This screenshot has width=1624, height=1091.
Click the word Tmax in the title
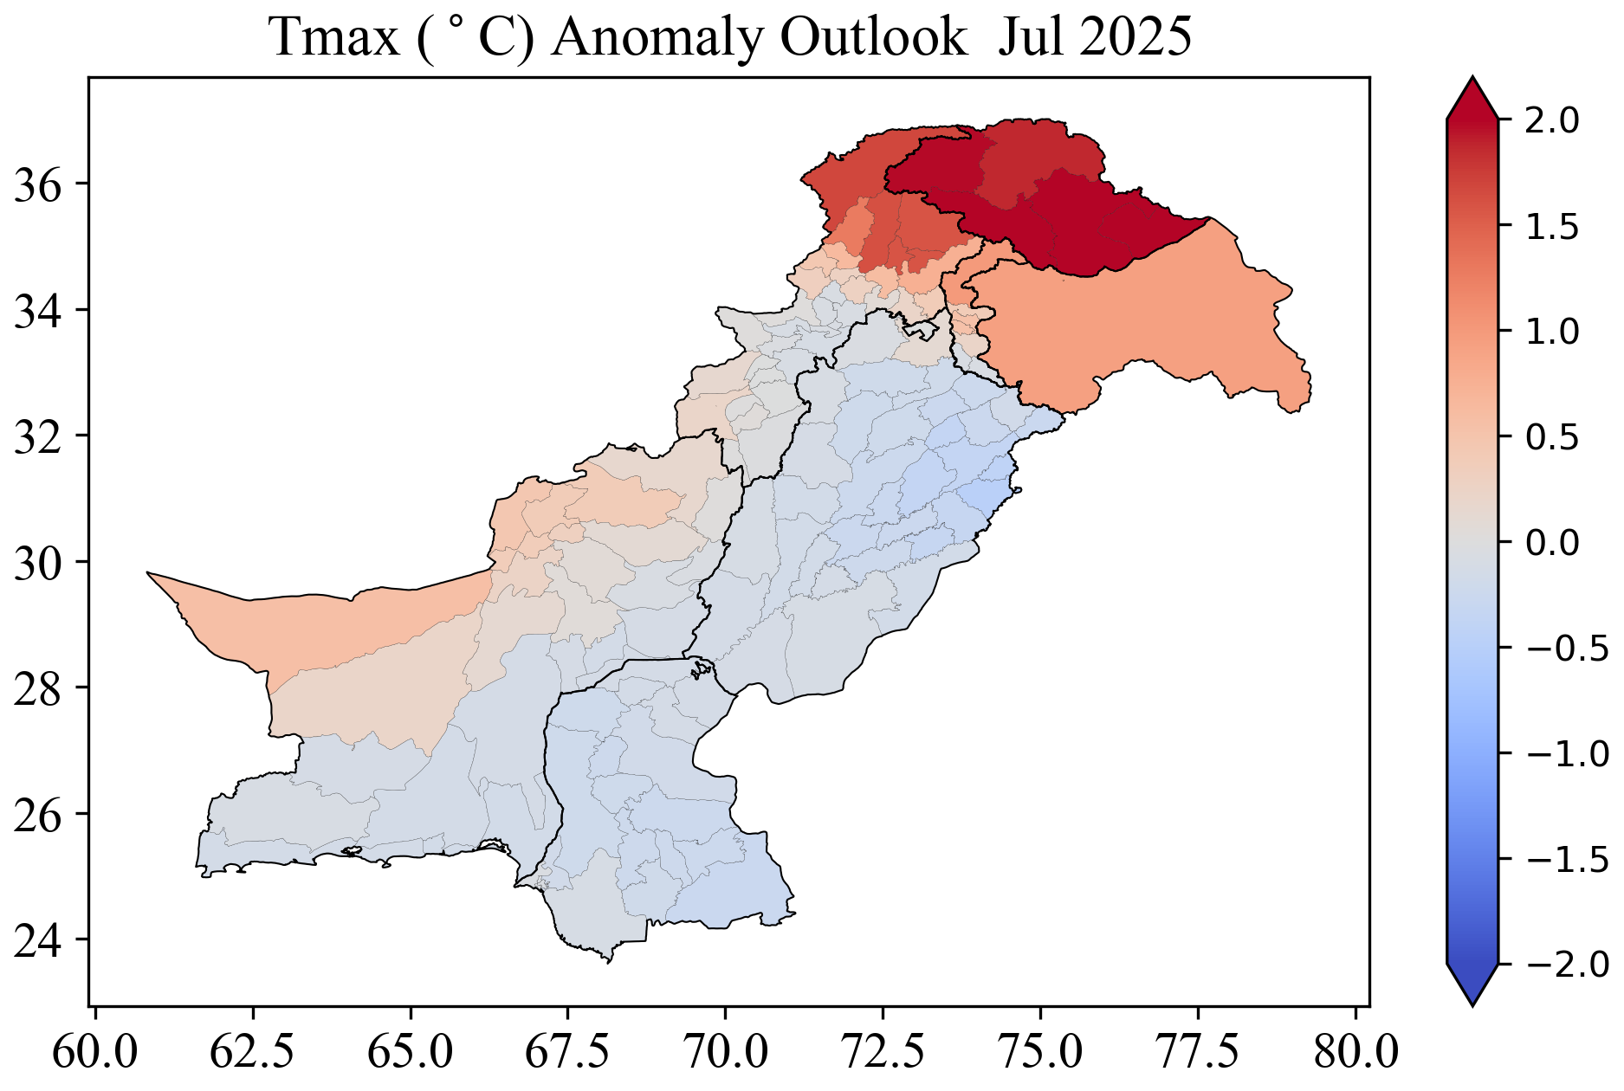point(334,38)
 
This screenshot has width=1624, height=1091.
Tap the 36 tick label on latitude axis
point(39,184)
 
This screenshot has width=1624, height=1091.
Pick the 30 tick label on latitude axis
point(39,562)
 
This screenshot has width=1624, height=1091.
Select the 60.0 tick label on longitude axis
point(94,1053)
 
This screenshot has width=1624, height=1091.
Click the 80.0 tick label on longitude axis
point(1355,1053)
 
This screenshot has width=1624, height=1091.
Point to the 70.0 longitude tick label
point(725,1053)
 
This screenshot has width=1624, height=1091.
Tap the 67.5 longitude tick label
point(567,1053)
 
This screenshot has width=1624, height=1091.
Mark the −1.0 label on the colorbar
point(1566,753)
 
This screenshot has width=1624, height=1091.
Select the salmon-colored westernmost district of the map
point(329,623)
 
